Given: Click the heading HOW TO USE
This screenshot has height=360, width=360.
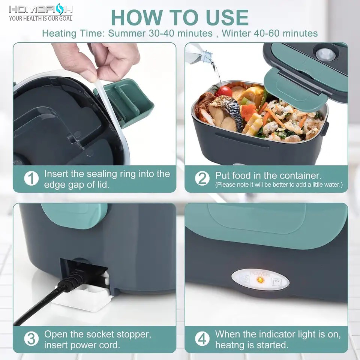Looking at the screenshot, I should coord(180,17).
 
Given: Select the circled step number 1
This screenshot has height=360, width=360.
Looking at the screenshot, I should coord(31,178).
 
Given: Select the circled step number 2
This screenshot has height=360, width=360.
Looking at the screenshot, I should coord(202,178).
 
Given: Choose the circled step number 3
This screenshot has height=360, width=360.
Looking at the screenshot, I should coord(31,339).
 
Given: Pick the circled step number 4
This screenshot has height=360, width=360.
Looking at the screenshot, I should coord(202,339).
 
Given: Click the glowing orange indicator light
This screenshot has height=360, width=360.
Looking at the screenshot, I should coord(262,280).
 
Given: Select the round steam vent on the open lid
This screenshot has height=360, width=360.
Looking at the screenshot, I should coord(325,54).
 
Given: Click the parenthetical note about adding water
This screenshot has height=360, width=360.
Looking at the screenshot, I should coord(279,185).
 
